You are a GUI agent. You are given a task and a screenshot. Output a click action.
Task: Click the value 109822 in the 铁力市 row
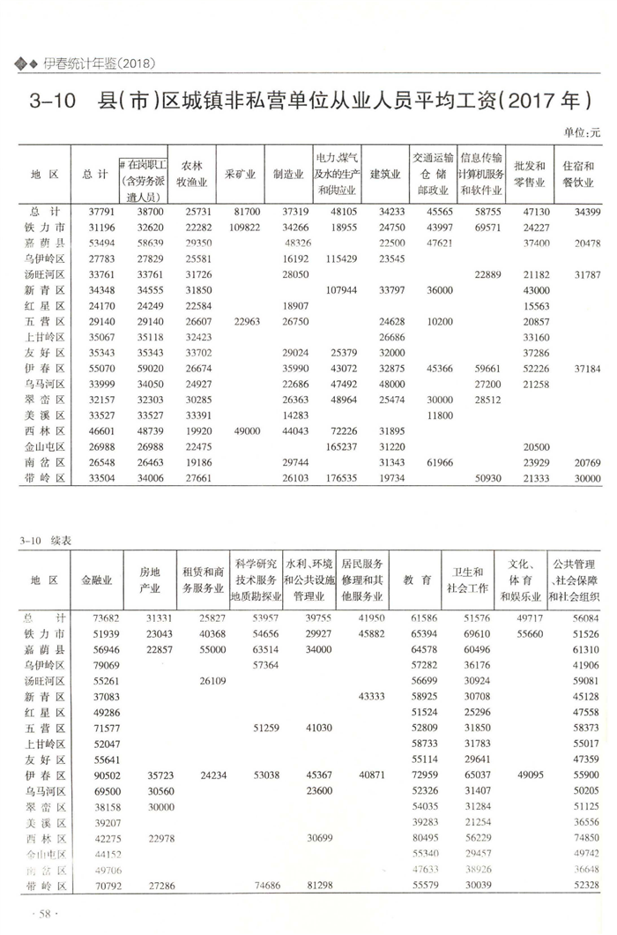[x=243, y=228]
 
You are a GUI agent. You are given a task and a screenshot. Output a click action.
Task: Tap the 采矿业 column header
[x=241, y=175]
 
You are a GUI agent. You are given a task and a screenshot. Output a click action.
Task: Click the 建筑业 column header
[x=385, y=175]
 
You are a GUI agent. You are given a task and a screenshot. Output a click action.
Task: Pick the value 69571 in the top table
[x=486, y=228]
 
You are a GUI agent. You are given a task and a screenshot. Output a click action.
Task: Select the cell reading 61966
[x=435, y=463]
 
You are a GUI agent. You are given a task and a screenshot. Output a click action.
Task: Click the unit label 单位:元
[x=581, y=132]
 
